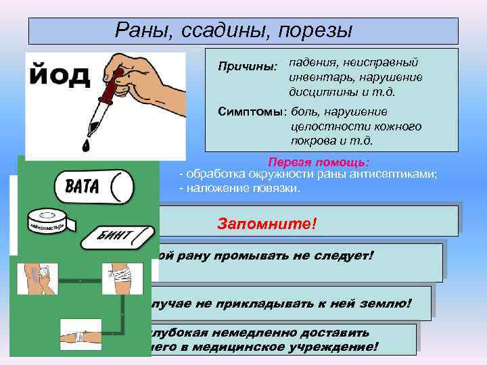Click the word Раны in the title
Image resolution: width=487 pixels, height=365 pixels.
[x=139, y=30]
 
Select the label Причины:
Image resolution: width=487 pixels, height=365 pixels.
[x=248, y=68]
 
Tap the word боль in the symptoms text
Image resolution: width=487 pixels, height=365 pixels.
[x=305, y=112]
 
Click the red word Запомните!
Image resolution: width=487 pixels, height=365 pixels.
[x=266, y=223]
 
